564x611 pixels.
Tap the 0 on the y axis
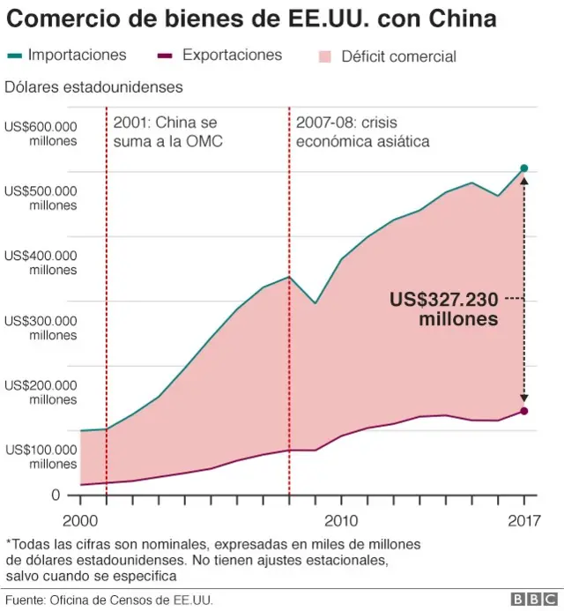pyautogui.click(x=55, y=496)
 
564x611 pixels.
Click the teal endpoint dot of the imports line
pyautogui.click(x=524, y=168)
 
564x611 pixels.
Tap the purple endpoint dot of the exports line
pyautogui.click(x=524, y=411)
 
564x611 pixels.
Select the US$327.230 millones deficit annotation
pyautogui.click(x=444, y=309)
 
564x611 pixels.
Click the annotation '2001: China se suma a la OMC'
pyautogui.click(x=165, y=131)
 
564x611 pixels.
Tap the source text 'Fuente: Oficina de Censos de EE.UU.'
pyautogui.click(x=110, y=600)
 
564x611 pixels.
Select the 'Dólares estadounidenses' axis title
pyautogui.click(x=93, y=86)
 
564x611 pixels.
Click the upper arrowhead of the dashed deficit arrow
pyautogui.click(x=524, y=179)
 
